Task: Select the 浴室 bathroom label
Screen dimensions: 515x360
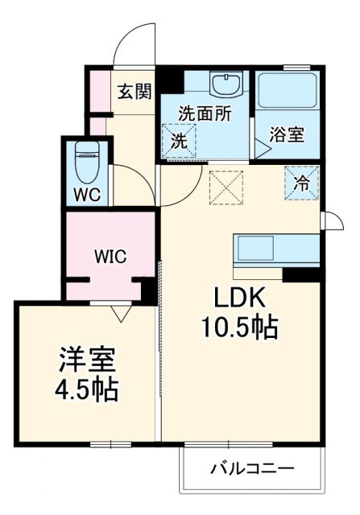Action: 288,134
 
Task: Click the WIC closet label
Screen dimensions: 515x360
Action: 110,257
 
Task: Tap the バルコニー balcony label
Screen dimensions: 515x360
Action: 253,468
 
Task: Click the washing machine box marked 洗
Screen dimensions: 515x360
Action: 179,140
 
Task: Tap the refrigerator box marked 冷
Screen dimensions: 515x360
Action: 301,183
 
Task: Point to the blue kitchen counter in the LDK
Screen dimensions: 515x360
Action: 273,250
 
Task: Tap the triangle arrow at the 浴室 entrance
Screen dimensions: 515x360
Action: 262,148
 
